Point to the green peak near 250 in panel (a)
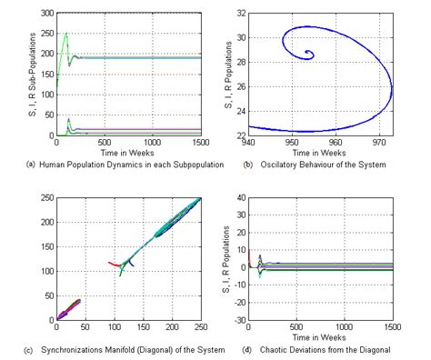[65, 35]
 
